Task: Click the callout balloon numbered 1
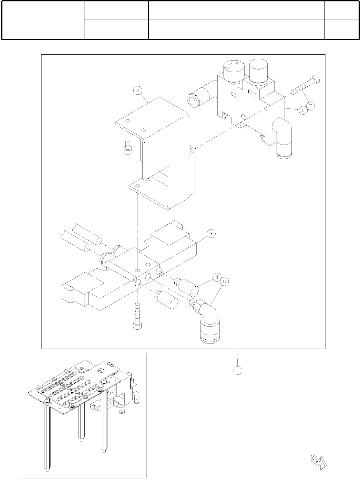pos(237,370)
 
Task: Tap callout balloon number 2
pos(137,91)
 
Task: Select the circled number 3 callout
pos(211,234)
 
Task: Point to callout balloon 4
pos(217,276)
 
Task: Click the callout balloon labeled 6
pos(302,110)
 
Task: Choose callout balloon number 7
pos(310,106)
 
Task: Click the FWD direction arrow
pos(318,462)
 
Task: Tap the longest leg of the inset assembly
pos(47,441)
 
